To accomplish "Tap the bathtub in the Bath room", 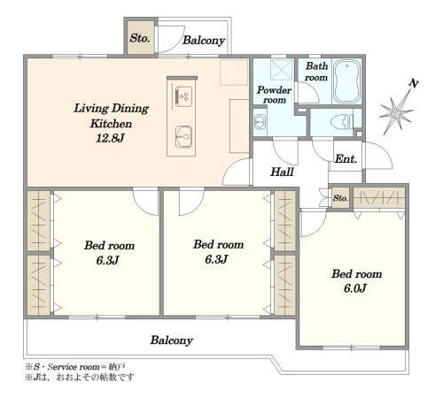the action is tap(346, 80).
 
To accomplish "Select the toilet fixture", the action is tap(342, 122).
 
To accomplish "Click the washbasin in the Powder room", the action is tap(260, 122).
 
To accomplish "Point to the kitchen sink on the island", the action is tap(183, 136).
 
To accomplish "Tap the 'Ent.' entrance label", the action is tap(346, 159).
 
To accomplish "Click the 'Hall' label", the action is tap(282, 172).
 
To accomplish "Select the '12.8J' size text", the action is tap(110, 138).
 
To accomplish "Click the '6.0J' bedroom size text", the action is tap(355, 288).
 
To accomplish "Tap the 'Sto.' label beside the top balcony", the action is tap(140, 38).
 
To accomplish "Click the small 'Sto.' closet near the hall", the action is tap(340, 198).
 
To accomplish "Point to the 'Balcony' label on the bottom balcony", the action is tap(171, 341).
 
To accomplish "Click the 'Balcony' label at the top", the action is tap(204, 41).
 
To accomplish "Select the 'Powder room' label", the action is tap(274, 95).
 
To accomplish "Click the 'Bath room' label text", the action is tap(316, 72).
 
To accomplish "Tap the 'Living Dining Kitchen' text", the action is tap(111, 116).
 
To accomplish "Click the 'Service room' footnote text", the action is tap(74, 367).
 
